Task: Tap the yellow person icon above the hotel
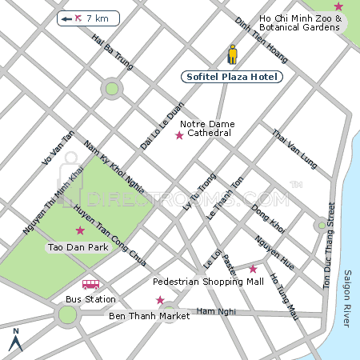(233, 54)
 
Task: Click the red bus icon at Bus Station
(91, 284)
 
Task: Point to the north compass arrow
(15, 341)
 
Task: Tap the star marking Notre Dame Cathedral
(179, 136)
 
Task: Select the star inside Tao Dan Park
(79, 230)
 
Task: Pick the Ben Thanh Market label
(149, 316)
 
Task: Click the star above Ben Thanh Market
(160, 300)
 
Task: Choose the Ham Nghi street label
(212, 310)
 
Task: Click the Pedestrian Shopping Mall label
(208, 282)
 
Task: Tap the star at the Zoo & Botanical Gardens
(338, 6)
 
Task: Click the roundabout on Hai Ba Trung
(112, 89)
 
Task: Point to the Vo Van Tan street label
(58, 150)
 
